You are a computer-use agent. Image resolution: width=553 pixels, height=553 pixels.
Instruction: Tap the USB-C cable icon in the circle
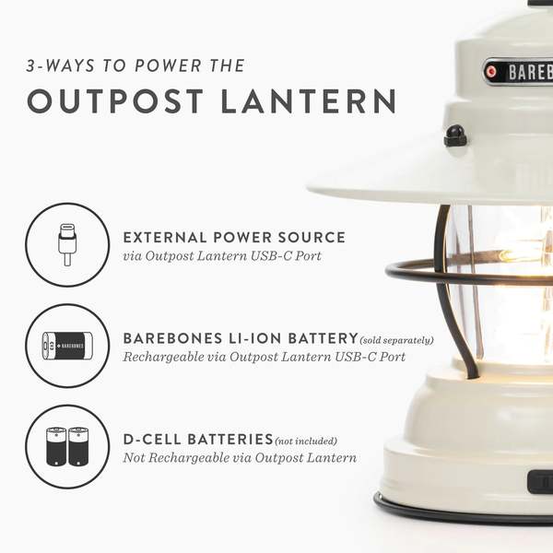[x=67, y=245]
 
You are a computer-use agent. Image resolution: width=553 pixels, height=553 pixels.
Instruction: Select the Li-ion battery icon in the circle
[x=67, y=346]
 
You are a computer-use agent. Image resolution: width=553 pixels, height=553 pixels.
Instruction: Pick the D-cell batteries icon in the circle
[x=67, y=446]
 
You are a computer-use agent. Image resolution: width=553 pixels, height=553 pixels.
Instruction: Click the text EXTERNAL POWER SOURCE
[x=234, y=237]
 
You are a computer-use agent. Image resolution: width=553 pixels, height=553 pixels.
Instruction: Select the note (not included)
[x=306, y=441]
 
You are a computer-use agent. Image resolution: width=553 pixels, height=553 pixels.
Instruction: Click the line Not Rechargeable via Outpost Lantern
[x=240, y=458]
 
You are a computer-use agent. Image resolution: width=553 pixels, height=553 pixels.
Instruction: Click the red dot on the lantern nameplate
[x=491, y=71]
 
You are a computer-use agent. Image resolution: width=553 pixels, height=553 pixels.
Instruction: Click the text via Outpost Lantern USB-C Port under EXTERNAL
[x=222, y=255]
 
